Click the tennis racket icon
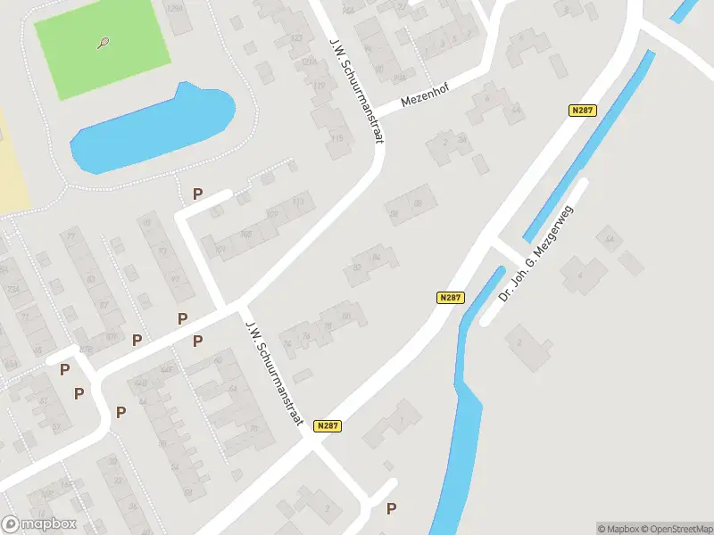(x=105, y=41)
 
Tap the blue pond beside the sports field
(x=152, y=129)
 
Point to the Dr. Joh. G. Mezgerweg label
(x=535, y=252)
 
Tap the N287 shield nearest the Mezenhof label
(x=583, y=110)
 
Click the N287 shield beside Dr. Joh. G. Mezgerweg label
(x=450, y=298)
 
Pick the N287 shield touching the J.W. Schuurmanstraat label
(x=328, y=427)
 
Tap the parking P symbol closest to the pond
(x=198, y=193)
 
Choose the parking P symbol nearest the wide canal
(x=391, y=508)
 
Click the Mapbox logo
(x=39, y=524)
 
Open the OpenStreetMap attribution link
(x=677, y=529)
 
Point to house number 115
(x=336, y=138)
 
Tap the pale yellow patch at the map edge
(x=11, y=160)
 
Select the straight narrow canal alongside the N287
(x=589, y=147)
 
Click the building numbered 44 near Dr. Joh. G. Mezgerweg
(x=610, y=239)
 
